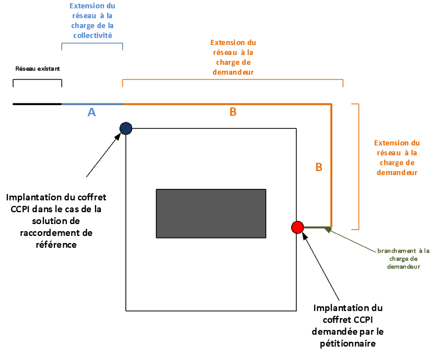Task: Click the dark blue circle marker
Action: (x=126, y=128)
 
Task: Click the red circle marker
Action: (x=298, y=227)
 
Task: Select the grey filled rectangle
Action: (x=211, y=213)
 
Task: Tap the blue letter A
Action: (x=92, y=112)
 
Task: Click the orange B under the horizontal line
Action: (x=233, y=112)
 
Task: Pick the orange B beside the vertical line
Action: (x=319, y=167)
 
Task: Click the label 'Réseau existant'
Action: (x=38, y=68)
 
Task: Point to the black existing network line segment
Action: (x=37, y=104)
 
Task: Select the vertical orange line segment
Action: (x=331, y=165)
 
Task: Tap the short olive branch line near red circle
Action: (x=316, y=227)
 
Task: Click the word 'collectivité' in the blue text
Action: (x=93, y=36)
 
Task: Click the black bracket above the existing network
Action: (x=37, y=80)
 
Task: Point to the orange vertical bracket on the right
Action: (x=359, y=166)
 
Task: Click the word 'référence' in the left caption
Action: (x=56, y=244)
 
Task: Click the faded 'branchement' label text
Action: (x=403, y=251)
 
